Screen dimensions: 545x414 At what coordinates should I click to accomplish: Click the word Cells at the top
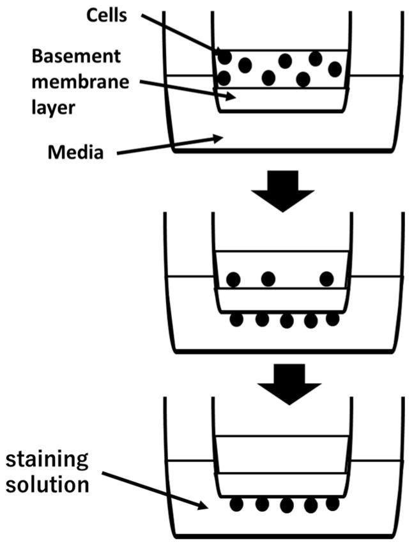click(105, 15)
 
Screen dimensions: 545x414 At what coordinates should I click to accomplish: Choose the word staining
click(47, 459)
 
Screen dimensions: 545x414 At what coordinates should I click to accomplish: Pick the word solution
click(48, 484)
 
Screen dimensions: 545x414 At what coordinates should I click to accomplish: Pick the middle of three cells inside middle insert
click(268, 279)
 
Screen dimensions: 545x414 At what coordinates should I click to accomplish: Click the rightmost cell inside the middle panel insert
click(326, 279)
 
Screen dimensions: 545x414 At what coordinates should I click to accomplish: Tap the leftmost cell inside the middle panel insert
click(233, 279)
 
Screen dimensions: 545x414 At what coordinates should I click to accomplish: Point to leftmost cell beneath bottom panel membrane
click(237, 504)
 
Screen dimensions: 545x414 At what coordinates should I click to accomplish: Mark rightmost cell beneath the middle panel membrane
click(332, 318)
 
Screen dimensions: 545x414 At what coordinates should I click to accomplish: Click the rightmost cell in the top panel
click(335, 68)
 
